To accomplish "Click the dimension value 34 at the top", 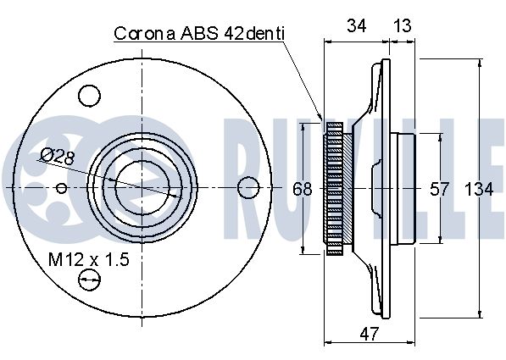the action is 356,25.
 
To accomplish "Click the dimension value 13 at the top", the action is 403,25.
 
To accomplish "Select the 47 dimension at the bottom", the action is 369,335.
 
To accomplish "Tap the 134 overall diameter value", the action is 479,190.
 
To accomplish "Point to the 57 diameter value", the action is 439,190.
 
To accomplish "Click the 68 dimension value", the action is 303,189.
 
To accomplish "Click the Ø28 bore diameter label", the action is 58,157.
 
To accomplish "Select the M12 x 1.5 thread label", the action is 89,260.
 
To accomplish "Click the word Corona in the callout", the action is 145,34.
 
